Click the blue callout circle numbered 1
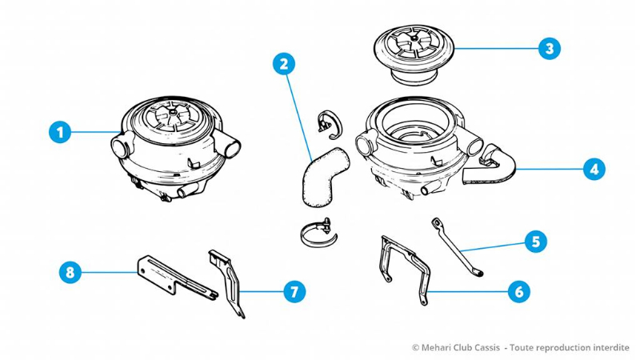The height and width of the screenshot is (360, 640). pyautogui.click(x=58, y=131)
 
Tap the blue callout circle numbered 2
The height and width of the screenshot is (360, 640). pyautogui.click(x=282, y=64)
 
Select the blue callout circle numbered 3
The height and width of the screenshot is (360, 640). pyautogui.click(x=548, y=48)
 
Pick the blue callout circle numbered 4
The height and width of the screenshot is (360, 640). pyautogui.click(x=593, y=169)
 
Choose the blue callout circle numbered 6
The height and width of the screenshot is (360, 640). pyautogui.click(x=519, y=291)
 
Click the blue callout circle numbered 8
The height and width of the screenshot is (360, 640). pyautogui.click(x=70, y=272)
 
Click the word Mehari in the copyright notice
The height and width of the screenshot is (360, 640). pyautogui.click(x=438, y=347)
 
